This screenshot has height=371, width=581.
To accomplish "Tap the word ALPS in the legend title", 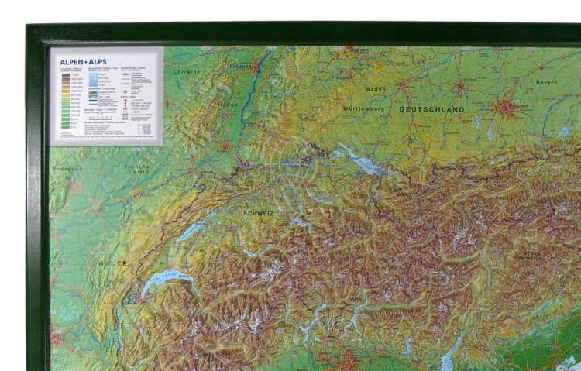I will [96, 62].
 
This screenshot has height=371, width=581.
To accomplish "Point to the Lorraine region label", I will [186, 71].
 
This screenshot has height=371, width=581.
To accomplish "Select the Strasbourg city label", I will [241, 67].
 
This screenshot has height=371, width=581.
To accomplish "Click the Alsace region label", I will [226, 103].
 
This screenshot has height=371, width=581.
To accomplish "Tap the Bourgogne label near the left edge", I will [67, 167].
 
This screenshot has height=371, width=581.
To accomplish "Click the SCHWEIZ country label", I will [258, 212].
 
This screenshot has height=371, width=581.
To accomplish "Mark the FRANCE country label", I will [111, 263].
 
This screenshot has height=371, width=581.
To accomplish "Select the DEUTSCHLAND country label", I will [431, 109].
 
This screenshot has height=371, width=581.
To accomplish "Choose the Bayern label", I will [547, 81].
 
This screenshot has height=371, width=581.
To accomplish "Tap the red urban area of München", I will [507, 107].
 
